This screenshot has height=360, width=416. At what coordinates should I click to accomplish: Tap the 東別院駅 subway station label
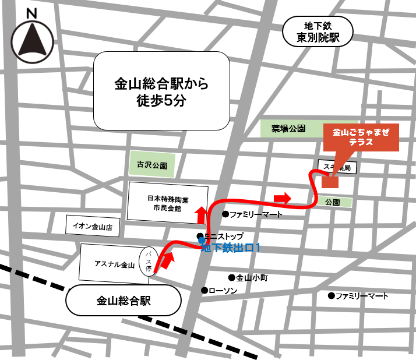pos(318,32)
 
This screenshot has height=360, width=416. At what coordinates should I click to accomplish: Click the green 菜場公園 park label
pos(288,129)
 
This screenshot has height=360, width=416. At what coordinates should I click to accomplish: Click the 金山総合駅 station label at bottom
pos(124,301)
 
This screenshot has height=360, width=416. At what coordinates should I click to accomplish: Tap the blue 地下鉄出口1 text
pos(230,248)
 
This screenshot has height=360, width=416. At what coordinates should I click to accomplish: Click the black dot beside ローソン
pos(204,290)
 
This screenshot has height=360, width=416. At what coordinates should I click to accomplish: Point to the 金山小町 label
pos(252,278)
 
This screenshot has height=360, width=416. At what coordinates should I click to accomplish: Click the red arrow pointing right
pos(282,198)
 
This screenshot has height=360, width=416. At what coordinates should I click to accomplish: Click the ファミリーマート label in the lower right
pos(361,296)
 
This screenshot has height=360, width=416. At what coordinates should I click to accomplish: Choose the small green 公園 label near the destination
pos(333,202)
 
